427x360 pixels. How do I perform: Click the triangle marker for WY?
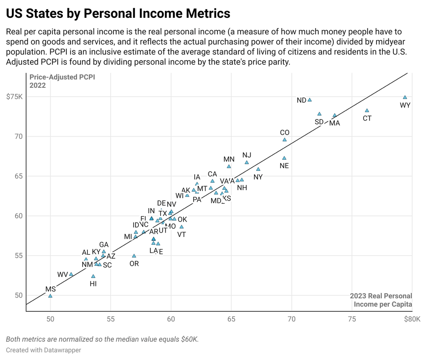coord(405,97)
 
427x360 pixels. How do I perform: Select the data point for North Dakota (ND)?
coord(310,100)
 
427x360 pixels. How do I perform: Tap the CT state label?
coord(367,118)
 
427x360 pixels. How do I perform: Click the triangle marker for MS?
coord(50,296)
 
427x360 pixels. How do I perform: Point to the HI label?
coord(93,284)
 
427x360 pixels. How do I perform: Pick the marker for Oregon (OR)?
coord(134,256)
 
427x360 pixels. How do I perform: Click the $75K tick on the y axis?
coord(15,97)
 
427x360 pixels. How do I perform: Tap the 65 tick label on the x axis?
coord(231,320)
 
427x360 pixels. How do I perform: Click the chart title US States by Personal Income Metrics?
coord(118,13)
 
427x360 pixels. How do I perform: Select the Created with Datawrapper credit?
coord(43,350)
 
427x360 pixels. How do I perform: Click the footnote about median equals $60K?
coord(102,339)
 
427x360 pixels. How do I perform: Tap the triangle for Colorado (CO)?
coord(285,140)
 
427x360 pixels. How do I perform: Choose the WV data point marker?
coord(71,274)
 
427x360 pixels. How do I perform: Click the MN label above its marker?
coord(229,159)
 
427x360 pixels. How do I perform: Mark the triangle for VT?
coord(181,227)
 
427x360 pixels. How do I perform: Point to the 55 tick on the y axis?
coord(19,256)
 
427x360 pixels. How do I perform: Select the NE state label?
coord(284,166)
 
